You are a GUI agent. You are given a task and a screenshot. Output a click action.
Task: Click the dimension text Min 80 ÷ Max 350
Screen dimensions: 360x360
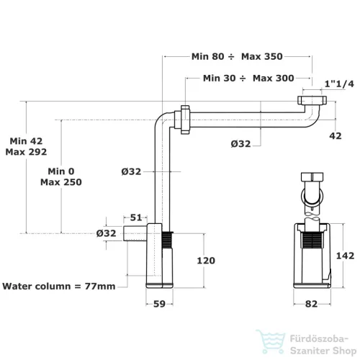click(237, 57)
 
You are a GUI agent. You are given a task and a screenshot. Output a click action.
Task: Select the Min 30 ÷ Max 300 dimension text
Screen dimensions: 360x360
click(248, 78)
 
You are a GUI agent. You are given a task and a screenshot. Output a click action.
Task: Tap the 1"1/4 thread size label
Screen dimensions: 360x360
click(339, 84)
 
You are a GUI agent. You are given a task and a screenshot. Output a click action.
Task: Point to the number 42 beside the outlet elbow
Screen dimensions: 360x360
click(336, 136)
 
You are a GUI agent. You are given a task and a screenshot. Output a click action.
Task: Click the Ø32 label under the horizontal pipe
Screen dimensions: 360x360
click(240, 144)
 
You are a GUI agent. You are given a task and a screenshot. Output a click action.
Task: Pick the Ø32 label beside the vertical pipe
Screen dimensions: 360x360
click(131, 171)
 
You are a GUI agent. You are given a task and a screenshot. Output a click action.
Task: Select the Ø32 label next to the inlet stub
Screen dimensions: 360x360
click(106, 233)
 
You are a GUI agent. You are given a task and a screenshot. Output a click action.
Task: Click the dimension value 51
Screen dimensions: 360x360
click(136, 217)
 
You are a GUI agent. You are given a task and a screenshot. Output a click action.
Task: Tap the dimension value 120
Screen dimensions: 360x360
click(206, 261)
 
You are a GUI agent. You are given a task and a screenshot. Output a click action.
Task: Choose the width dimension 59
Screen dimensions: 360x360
click(159, 304)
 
